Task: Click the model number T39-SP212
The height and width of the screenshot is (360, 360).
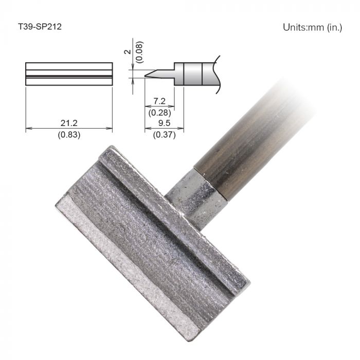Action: [x=40, y=27]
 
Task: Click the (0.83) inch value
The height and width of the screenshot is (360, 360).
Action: [x=68, y=135]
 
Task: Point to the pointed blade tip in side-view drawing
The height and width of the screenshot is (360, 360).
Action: [x=148, y=76]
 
